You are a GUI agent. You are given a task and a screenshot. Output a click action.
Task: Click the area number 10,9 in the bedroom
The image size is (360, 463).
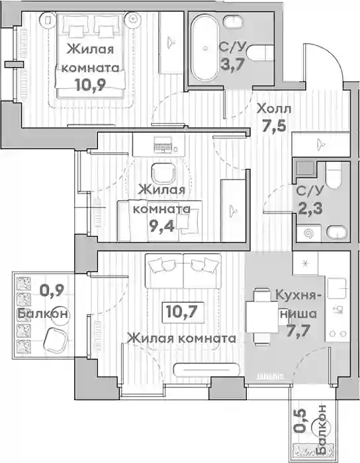point(90,85)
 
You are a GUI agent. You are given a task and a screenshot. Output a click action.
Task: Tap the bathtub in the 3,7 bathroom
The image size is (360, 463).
point(204,47)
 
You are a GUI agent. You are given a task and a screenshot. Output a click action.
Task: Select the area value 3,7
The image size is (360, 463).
point(233,64)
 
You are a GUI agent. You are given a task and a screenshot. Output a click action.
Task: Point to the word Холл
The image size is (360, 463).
point(274,109)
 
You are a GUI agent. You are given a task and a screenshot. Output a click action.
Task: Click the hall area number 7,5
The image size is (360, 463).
point(274,126)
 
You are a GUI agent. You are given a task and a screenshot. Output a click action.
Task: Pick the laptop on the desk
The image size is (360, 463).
point(163,145)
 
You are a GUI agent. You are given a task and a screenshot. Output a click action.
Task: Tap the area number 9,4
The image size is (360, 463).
point(162,226)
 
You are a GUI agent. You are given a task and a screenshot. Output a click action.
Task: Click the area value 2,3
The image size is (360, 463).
point(310,208)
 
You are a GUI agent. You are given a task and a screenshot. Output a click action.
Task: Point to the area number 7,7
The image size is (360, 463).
point(298,330)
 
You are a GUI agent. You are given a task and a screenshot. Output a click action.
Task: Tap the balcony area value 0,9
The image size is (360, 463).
point(52,291)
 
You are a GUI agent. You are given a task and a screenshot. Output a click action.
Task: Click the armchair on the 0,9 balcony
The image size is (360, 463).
point(56,338)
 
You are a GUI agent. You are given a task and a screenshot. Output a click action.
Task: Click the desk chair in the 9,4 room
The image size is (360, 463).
point(163,174)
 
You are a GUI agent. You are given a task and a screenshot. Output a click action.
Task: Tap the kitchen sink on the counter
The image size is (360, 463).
point(337,288)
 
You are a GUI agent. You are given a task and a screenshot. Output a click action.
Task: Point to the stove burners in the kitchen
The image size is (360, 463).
point(337,334)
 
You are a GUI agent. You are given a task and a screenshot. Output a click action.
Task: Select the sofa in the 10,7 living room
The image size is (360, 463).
point(183,271)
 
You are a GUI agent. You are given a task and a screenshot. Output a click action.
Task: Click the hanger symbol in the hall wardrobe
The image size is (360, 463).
point(320,144)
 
